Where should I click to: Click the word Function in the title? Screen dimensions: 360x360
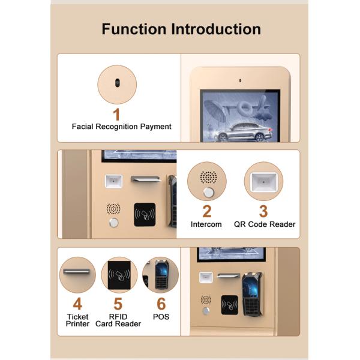[x=134, y=29]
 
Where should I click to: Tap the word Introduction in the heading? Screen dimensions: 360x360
[x=216, y=29]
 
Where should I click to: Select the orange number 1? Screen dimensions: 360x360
[x=116, y=115]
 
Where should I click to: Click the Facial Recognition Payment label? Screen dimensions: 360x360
[x=121, y=127]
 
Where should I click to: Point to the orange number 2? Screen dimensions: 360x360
[x=207, y=211]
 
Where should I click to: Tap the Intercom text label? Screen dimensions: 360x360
[x=206, y=224]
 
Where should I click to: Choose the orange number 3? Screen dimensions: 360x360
[x=263, y=211]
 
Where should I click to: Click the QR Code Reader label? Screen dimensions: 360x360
[x=265, y=224]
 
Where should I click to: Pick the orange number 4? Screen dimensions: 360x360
[x=77, y=304]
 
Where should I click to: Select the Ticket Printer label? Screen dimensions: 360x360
[x=77, y=320]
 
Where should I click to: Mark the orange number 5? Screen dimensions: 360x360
[x=118, y=304]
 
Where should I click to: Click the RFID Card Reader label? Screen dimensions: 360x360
[x=118, y=320]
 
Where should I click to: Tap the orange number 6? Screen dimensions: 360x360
[x=161, y=304]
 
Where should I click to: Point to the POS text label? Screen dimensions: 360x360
[x=161, y=317]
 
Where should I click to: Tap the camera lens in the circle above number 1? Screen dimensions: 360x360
[x=118, y=83]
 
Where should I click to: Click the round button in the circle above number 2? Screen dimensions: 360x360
[x=209, y=193]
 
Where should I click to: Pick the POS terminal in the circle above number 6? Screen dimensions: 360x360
[x=161, y=275]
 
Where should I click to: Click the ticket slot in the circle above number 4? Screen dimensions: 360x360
[x=76, y=271]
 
